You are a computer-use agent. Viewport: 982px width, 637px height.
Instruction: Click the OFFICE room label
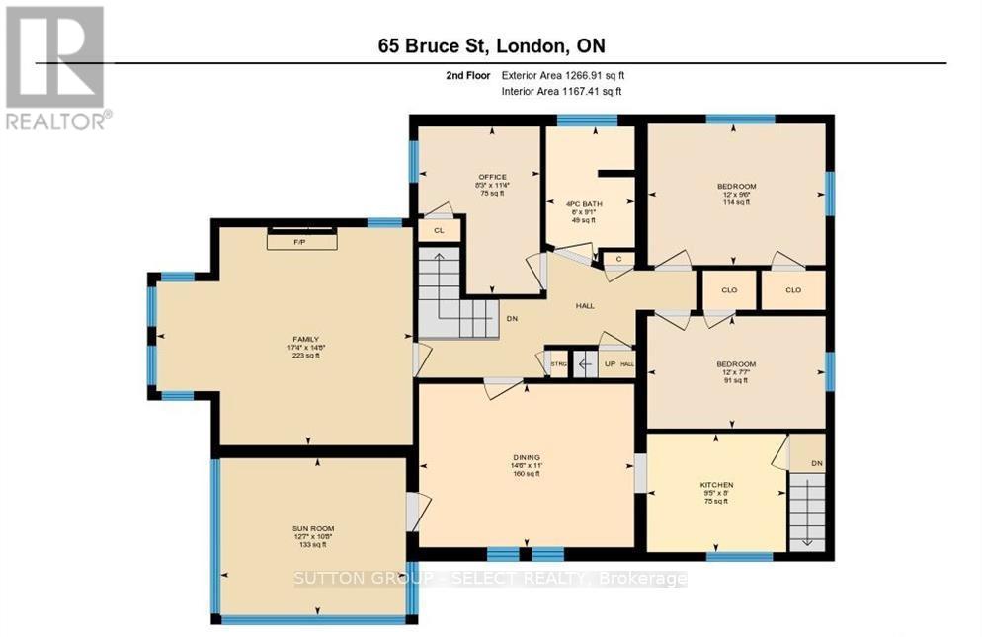(x=491, y=185)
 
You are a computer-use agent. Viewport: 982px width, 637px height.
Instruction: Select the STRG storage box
(x=558, y=364)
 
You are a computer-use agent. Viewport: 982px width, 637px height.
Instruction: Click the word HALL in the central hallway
(x=585, y=306)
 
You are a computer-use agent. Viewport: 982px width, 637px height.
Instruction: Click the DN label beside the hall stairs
(x=513, y=320)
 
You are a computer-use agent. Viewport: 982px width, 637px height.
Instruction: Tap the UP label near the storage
(x=609, y=364)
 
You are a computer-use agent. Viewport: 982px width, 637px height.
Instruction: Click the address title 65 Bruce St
(x=491, y=46)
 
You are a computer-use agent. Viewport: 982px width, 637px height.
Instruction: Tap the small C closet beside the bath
(x=617, y=259)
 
